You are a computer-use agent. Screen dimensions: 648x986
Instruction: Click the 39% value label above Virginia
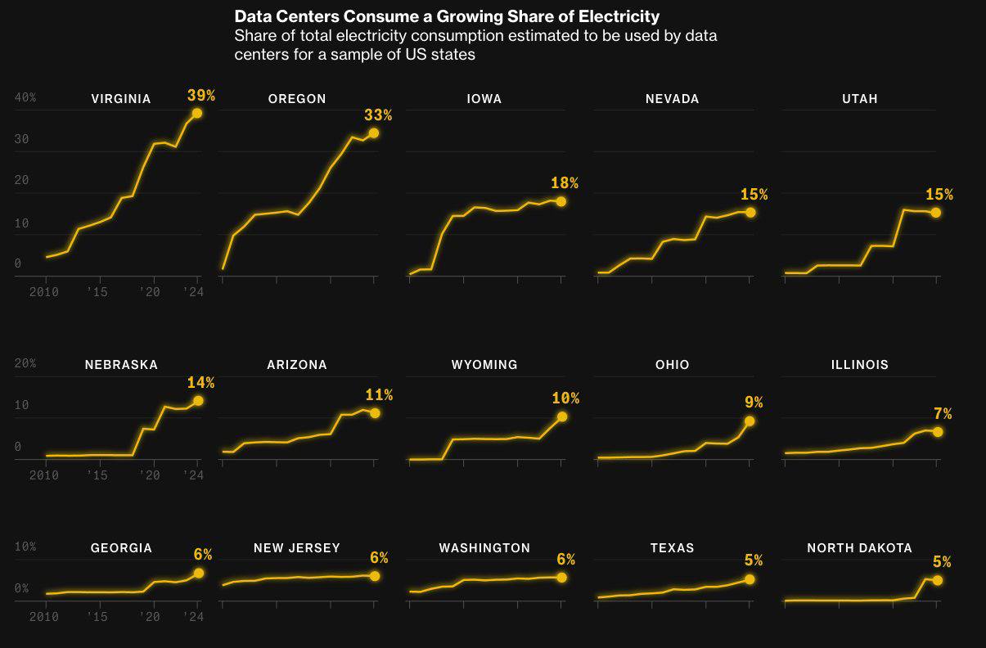[200, 96]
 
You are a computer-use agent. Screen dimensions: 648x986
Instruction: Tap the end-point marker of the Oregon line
[374, 133]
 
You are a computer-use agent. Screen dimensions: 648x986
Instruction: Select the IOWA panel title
[484, 99]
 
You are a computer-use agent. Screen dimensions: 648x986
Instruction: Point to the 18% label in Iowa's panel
[565, 183]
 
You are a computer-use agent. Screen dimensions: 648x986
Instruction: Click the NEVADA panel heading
[673, 99]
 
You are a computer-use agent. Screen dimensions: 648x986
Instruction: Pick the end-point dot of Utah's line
[936, 213]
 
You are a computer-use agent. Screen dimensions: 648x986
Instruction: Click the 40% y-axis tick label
[25, 97]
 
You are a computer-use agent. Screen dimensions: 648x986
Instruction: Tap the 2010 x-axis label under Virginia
[43, 292]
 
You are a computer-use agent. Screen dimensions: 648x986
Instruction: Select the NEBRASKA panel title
[121, 365]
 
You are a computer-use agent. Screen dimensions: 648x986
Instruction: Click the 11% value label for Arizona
[379, 396]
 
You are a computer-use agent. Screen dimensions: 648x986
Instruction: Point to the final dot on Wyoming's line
[562, 416]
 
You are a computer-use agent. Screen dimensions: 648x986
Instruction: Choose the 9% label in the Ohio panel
[754, 403]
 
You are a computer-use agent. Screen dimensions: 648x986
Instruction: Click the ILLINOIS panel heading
[860, 365]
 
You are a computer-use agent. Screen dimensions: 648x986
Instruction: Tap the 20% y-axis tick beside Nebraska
[25, 363]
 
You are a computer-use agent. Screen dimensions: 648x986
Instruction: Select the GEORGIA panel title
[121, 548]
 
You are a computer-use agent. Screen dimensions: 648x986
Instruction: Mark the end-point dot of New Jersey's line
[375, 576]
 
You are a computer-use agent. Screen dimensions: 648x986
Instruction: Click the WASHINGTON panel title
[484, 548]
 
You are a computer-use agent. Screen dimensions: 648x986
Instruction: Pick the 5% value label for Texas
[754, 560]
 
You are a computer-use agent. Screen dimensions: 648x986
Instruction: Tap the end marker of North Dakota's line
[938, 580]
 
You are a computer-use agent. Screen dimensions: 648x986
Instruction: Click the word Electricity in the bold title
[619, 16]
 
